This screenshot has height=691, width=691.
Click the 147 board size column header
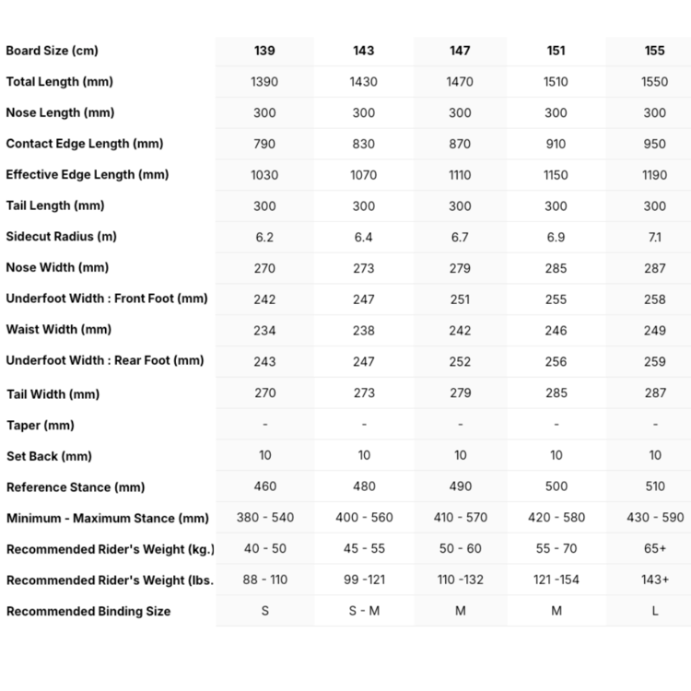pos(460,51)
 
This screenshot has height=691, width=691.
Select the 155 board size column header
pos(655,51)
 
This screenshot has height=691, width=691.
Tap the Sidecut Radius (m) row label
pos(61,237)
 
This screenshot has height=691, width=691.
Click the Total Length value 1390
pos(264,82)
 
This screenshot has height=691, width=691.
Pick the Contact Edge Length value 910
pos(556,144)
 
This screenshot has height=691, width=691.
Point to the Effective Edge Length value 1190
pos(655,175)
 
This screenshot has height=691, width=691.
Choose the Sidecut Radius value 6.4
pos(364,237)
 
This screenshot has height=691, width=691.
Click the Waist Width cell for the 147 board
pos(460,330)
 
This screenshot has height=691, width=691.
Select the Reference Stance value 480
pos(364,486)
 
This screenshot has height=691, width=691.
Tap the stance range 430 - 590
pos(655,518)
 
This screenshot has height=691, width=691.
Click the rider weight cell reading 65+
pos(655,548)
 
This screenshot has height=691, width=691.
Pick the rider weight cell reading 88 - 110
pos(264,580)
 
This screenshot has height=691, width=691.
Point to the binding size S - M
pos(364,611)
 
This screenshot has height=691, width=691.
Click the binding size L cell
pos(655,611)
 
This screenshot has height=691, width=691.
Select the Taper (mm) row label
pos(40,426)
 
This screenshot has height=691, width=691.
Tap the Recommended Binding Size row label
pos(88,611)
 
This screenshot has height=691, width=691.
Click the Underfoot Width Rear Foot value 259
pos(655,361)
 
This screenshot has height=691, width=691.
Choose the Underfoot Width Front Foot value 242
pos(264,299)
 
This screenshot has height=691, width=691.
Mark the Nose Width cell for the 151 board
pos(556,268)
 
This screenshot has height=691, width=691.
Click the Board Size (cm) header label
pos(52,51)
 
